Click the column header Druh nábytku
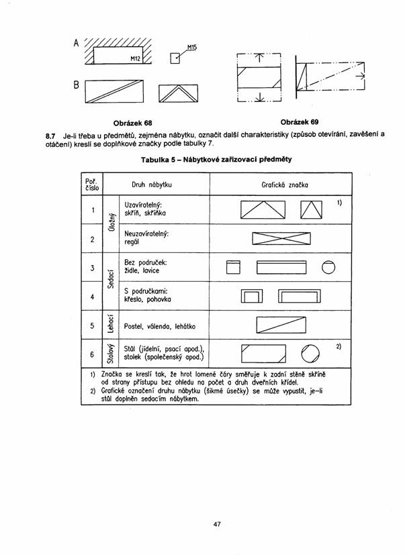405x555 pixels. (x=152, y=183)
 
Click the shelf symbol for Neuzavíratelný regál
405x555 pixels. (x=279, y=239)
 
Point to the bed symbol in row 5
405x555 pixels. (x=281, y=325)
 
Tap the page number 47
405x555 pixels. (x=216, y=523)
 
